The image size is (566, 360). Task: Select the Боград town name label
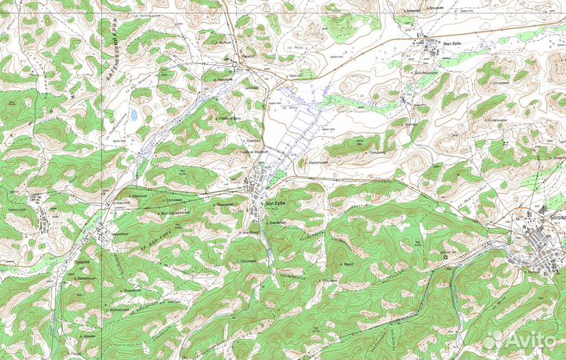[x=553, y=211]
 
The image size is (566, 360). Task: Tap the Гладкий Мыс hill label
[x=230, y=118]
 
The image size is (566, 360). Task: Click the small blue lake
[x=134, y=116]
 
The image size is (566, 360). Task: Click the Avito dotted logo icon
[x=494, y=340]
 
